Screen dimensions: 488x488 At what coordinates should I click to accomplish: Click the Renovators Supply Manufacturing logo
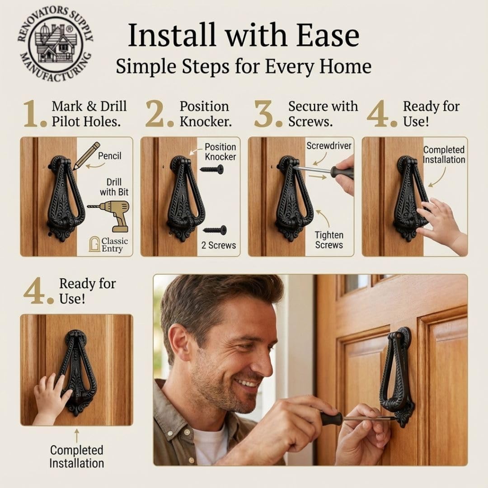55,43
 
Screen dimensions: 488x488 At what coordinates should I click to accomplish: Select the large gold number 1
34,114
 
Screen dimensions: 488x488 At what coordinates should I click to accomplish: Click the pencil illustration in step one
86,155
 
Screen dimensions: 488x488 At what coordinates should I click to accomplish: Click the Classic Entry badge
108,244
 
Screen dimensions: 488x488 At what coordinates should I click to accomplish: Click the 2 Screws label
219,245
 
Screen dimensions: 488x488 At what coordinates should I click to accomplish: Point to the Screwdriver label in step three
328,146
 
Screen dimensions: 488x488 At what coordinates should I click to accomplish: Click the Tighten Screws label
329,240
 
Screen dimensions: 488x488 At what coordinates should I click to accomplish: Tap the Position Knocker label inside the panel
220,152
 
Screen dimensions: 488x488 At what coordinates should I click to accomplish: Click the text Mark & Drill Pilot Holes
89,114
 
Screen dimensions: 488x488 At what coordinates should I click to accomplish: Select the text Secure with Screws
323,114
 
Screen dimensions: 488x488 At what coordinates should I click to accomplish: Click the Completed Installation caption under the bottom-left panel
76,456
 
